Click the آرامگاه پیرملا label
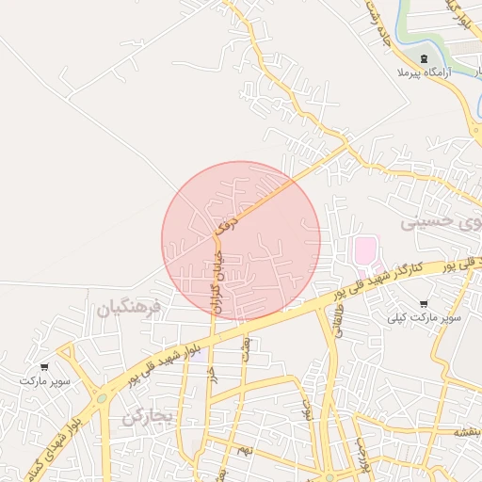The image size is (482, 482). pos(426,72)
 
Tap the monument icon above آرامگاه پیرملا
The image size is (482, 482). pos(424,58)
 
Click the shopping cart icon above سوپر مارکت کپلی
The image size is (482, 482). pos(424,304)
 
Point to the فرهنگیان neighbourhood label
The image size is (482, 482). pos(129,307)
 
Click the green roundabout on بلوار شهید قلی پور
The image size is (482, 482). pos(101,398)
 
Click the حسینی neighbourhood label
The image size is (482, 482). pos(433,222)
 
